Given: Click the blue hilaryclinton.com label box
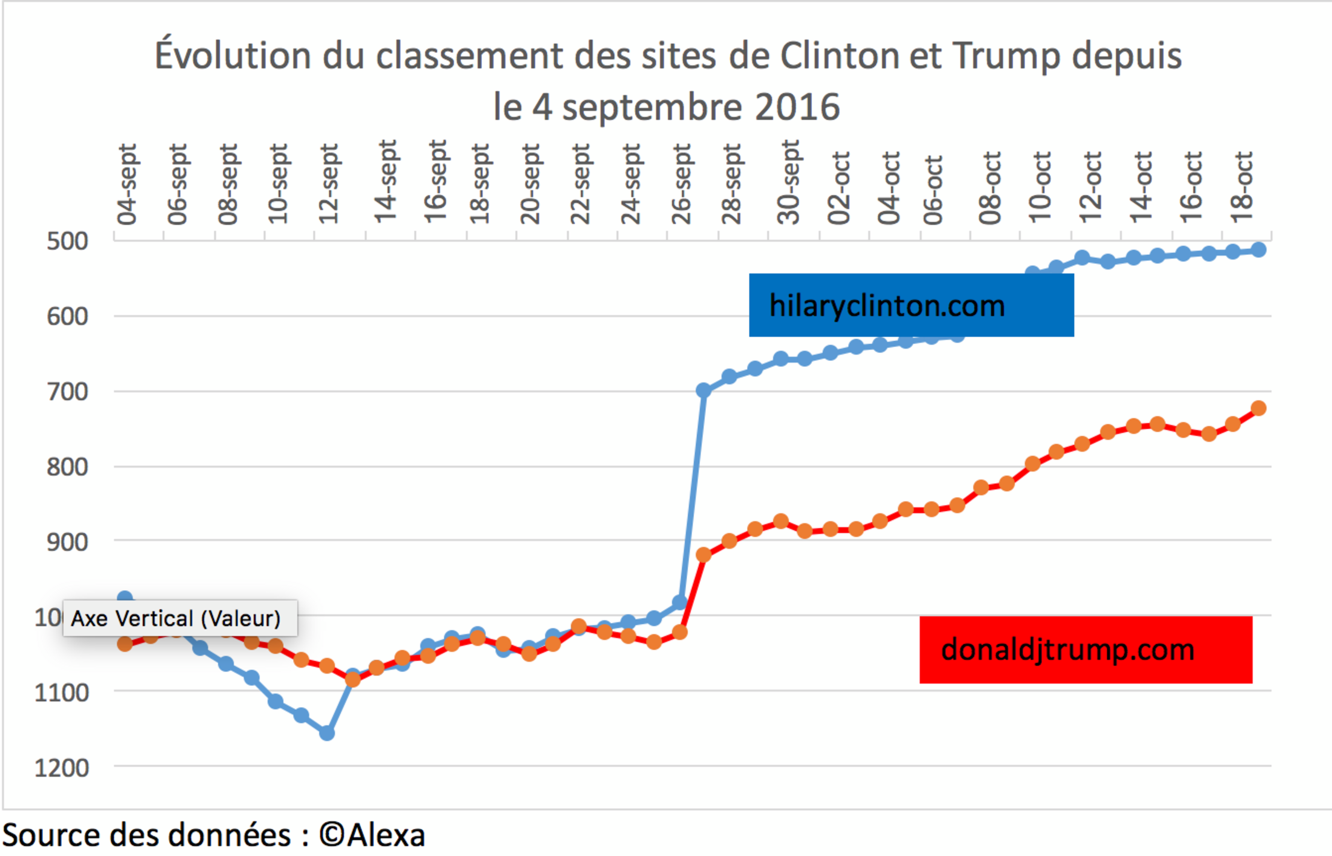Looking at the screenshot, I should point(911,305).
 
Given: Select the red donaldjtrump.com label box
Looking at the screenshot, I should point(1086,650).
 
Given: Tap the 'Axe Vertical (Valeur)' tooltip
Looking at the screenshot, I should point(180,618).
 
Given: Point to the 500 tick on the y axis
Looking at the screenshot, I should point(67,241).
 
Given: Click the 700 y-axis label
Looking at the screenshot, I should point(67,392).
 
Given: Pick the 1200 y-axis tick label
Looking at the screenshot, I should point(62,768).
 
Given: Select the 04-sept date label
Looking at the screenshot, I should point(127,184).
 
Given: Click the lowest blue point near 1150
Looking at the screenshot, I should point(327,733).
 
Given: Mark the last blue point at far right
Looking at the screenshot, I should point(1258,249).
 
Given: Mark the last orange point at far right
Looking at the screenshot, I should point(1258,408).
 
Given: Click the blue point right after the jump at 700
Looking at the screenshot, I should point(704,390).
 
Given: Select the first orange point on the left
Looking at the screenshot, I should point(125,644).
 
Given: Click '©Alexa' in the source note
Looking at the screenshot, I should point(372,835).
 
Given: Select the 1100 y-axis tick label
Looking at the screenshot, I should point(62,692).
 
